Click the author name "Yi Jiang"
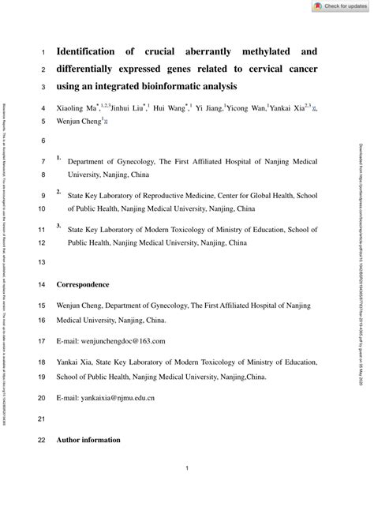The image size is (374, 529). pos(208,107)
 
